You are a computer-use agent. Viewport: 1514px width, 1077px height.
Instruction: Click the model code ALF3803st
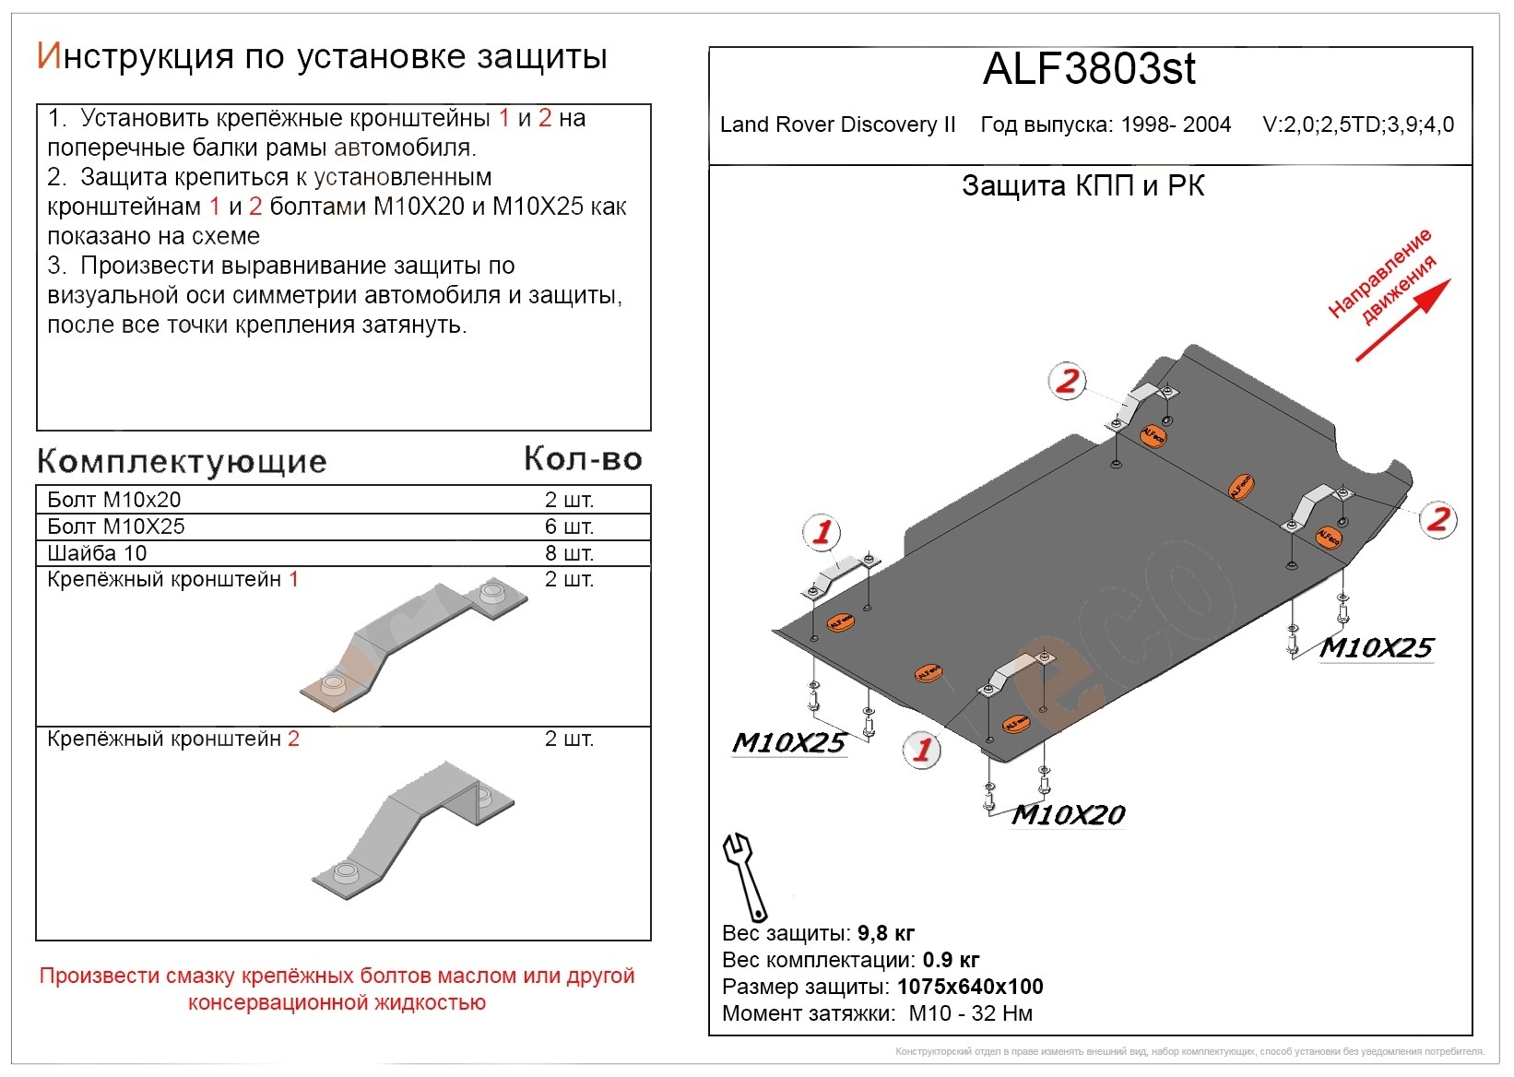coord(1089,69)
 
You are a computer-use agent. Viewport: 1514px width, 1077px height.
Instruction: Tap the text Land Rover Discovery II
coord(837,125)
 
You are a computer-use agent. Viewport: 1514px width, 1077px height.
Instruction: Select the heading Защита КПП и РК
coord(1082,186)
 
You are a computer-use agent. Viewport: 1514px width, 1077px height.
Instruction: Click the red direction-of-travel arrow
coord(1402,320)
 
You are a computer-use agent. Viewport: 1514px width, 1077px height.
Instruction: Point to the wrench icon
coord(745,876)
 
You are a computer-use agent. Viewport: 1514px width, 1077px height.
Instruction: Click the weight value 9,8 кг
coord(885,933)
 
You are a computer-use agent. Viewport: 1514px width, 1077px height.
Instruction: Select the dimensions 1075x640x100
coord(969,987)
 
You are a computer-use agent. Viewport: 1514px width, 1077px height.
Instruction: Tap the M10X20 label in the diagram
coord(1068,815)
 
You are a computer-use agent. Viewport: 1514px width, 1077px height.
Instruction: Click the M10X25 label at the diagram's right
coord(1376,648)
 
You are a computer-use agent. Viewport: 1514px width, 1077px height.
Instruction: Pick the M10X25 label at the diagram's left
coord(788,743)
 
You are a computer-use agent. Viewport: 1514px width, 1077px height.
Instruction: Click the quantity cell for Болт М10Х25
coord(569,527)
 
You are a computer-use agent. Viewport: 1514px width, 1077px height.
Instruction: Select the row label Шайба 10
coord(97,553)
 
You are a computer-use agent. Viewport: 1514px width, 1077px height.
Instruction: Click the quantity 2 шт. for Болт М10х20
coord(569,500)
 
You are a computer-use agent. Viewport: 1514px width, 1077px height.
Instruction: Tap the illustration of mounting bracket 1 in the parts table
coord(415,645)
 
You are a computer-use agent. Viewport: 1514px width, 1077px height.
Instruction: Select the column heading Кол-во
coord(583,459)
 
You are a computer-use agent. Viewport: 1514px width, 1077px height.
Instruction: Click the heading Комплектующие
coord(182,461)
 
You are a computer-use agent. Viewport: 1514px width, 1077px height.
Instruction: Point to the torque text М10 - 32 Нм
coord(970,1013)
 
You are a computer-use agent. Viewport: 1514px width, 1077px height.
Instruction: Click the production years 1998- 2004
coord(1170,125)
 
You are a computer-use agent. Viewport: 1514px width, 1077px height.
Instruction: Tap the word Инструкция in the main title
coord(135,57)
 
